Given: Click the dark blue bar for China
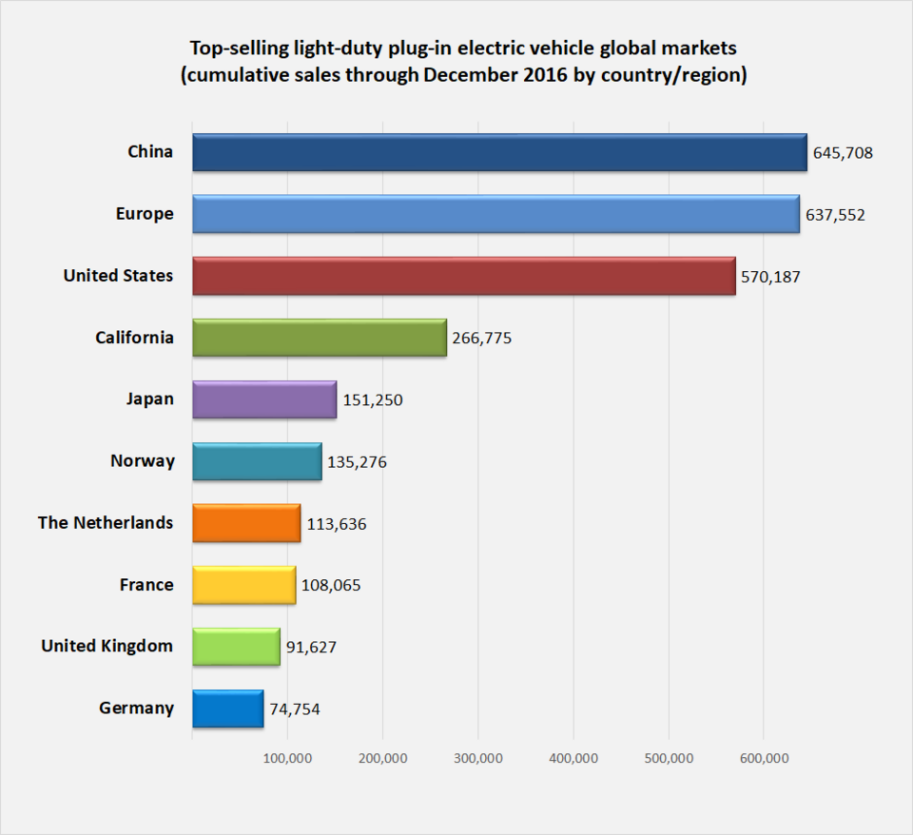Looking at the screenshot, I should [x=499, y=152].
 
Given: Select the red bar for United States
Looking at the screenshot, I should [x=463, y=276].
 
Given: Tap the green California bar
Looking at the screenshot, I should [x=319, y=338].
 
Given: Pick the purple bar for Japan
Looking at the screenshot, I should [x=264, y=399].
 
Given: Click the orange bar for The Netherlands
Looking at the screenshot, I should [x=246, y=523].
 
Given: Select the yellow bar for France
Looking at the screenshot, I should [x=243, y=585].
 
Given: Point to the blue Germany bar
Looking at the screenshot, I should [x=227, y=709].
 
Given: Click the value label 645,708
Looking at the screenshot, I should [x=843, y=152].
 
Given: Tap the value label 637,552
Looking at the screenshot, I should [x=835, y=215].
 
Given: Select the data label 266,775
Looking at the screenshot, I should [x=482, y=338].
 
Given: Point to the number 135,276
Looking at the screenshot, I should [x=357, y=462].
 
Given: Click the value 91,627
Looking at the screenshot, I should [x=311, y=647].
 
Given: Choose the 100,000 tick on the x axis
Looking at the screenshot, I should [x=287, y=758].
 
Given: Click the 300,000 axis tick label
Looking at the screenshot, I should [x=478, y=758].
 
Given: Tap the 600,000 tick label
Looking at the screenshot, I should [x=764, y=758].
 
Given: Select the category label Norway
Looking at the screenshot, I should [x=143, y=461].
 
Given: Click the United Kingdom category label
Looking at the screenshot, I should [x=107, y=647].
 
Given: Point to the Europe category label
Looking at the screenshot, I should [x=145, y=214].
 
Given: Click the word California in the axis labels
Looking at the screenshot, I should [x=134, y=338].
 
